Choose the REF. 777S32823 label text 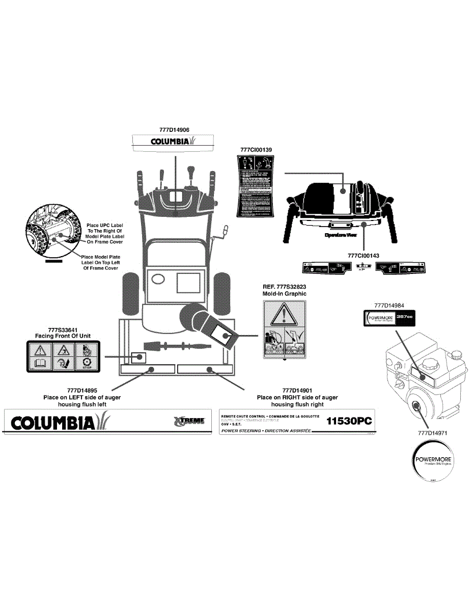click(x=284, y=287)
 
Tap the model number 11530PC click(x=349, y=422)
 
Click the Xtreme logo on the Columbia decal click(x=189, y=421)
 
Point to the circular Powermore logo click(x=432, y=461)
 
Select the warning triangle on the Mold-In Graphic click(x=284, y=316)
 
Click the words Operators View click(x=341, y=235)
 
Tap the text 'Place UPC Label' click(x=105, y=225)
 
